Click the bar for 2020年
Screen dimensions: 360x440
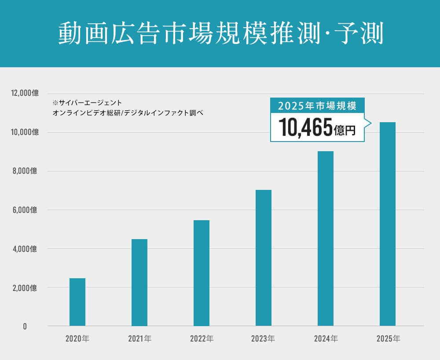point(77,302)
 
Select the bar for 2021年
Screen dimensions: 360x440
point(139,282)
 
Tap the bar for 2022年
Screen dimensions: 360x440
point(202,273)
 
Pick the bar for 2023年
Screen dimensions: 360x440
point(264,258)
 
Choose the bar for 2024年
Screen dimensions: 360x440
point(326,238)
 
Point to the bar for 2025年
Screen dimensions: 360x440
point(388,224)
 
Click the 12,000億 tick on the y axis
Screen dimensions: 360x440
point(26,93)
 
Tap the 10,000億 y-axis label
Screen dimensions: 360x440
point(26,132)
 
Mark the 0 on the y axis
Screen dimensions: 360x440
point(25,327)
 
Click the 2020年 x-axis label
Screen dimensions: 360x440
point(77,338)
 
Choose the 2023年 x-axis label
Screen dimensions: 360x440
point(263,338)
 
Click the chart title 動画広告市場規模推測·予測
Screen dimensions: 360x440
point(220,33)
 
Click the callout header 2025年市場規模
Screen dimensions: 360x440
point(317,105)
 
